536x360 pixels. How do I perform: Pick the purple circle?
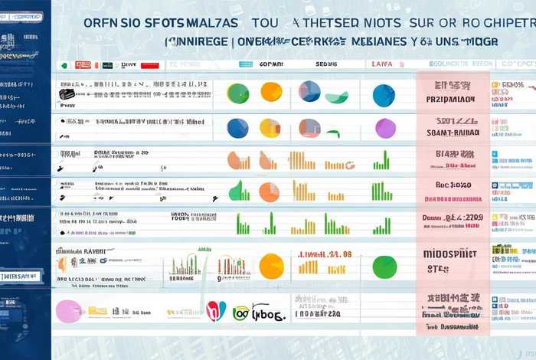click(385, 128)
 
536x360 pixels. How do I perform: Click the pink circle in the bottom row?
click(69, 310)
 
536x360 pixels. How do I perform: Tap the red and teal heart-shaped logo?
click(217, 310)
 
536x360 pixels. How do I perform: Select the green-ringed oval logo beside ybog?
click(240, 312)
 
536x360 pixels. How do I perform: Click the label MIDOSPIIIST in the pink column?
click(451, 254)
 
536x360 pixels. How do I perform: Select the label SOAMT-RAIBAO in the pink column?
click(452, 133)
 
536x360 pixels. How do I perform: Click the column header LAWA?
click(382, 64)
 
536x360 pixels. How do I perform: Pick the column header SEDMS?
click(326, 64)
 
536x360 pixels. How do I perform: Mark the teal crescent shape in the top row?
click(337, 97)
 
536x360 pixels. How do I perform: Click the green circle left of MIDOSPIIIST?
click(384, 267)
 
